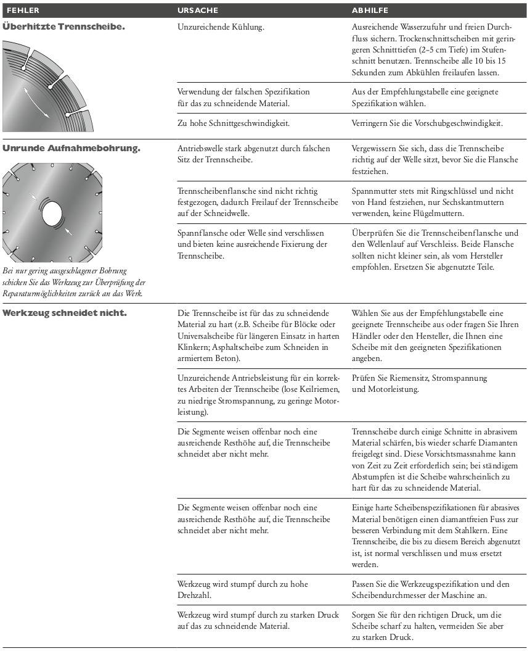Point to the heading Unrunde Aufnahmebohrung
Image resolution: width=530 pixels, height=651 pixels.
[x=71, y=149]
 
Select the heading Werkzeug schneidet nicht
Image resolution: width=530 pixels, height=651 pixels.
[x=65, y=313]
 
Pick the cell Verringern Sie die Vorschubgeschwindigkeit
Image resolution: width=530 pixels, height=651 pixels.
[x=427, y=122]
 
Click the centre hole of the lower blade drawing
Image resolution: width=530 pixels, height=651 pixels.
[x=52, y=214]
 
